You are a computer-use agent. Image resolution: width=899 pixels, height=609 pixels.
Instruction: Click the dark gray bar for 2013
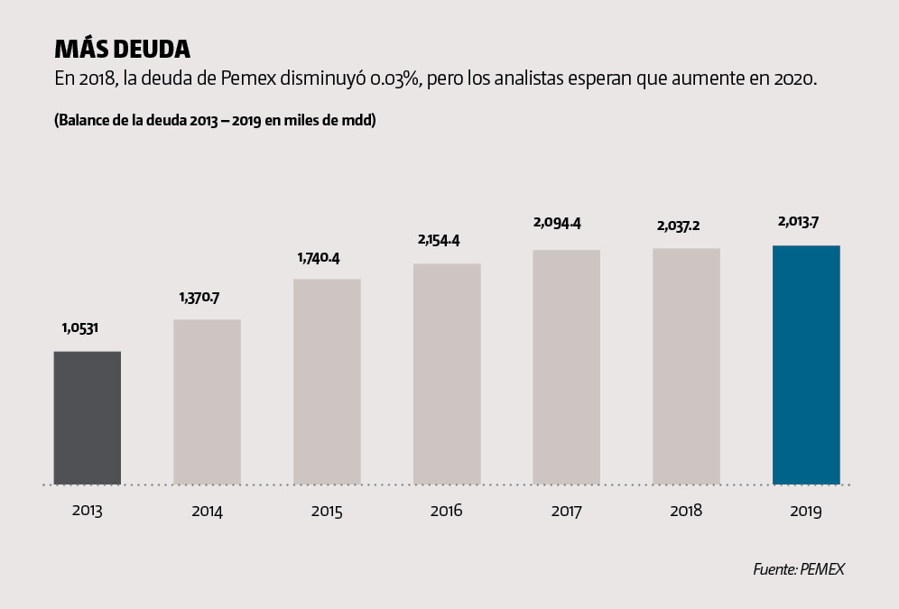pyautogui.click(x=87, y=418)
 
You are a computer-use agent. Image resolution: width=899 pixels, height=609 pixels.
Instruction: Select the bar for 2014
pyautogui.click(x=207, y=401)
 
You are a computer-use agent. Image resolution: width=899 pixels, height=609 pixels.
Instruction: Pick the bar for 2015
pyautogui.click(x=327, y=382)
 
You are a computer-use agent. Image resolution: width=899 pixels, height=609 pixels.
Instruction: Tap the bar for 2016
pyautogui.click(x=447, y=374)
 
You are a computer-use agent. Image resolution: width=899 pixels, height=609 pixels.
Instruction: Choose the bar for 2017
pyautogui.click(x=566, y=367)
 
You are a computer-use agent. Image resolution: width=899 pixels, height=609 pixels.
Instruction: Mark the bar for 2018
pyautogui.click(x=686, y=366)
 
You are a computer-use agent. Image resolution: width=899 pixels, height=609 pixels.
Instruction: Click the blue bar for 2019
pyautogui.click(x=806, y=364)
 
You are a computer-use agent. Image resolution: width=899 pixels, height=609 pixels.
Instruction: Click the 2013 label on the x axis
pyautogui.click(x=87, y=511)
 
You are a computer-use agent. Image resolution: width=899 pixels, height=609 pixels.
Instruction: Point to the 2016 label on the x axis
pyautogui.click(x=447, y=511)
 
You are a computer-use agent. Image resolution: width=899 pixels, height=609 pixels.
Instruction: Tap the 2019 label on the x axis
pyautogui.click(x=806, y=511)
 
